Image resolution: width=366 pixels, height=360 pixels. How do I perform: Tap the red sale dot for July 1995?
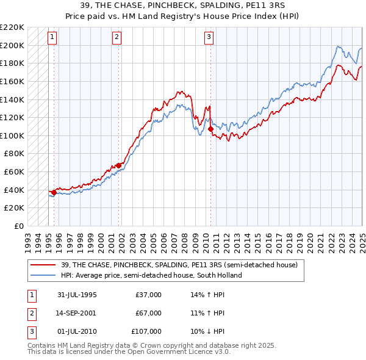tap(54, 192)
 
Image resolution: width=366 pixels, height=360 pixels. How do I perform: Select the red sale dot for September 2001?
tap(119, 165)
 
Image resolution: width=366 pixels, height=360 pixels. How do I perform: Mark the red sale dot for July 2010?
tap(210, 129)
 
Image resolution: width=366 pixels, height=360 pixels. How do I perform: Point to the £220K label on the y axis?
tap(12, 27)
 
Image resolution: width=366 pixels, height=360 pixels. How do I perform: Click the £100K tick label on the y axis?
tap(12, 135)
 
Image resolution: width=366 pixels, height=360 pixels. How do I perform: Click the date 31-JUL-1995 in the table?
tap(77, 295)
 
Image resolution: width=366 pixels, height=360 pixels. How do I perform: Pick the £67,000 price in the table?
tap(148, 313)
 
